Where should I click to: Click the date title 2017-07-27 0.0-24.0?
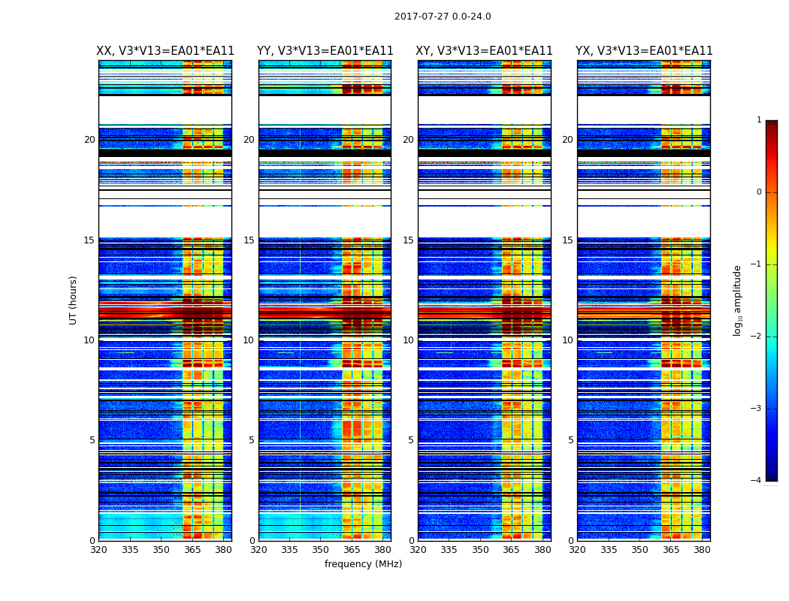[x=443, y=17]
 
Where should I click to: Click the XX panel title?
[x=165, y=51]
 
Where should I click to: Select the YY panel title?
[x=325, y=51]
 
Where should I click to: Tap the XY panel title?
[x=484, y=51]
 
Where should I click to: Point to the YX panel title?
[x=644, y=51]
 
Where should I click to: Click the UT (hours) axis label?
[x=74, y=300]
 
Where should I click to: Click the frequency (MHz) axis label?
[x=363, y=564]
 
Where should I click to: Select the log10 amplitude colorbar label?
[x=738, y=300]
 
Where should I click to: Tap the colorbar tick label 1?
[x=759, y=120]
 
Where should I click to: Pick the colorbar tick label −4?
[x=757, y=481]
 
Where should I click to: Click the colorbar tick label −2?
[x=757, y=337]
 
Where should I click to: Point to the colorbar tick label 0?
[x=759, y=192]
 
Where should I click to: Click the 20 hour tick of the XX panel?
[x=89, y=140]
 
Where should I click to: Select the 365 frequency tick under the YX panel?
[x=671, y=550]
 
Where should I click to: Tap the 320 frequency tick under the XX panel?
[x=98, y=550]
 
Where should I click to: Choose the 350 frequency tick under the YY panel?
[x=321, y=550]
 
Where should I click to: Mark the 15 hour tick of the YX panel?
[x=567, y=240]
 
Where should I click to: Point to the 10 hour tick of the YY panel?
[x=249, y=340]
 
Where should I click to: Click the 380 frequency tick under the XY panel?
[x=543, y=550]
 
